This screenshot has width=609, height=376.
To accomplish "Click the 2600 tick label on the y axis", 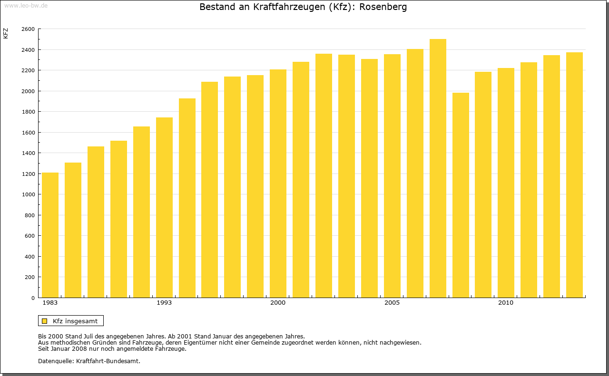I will tap(28, 29).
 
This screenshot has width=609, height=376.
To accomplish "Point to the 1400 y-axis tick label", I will tap(28, 153).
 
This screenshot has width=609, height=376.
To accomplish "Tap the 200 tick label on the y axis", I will tap(29, 277).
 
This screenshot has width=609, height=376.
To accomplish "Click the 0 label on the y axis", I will tap(32, 298).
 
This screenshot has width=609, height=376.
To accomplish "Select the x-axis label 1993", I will tap(164, 303).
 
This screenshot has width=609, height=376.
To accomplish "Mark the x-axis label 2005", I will tap(392, 303).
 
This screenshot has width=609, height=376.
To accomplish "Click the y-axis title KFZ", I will tap(6, 33).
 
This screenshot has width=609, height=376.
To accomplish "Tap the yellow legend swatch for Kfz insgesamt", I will tap(45, 321).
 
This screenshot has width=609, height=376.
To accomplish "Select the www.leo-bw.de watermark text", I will tap(25, 5).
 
